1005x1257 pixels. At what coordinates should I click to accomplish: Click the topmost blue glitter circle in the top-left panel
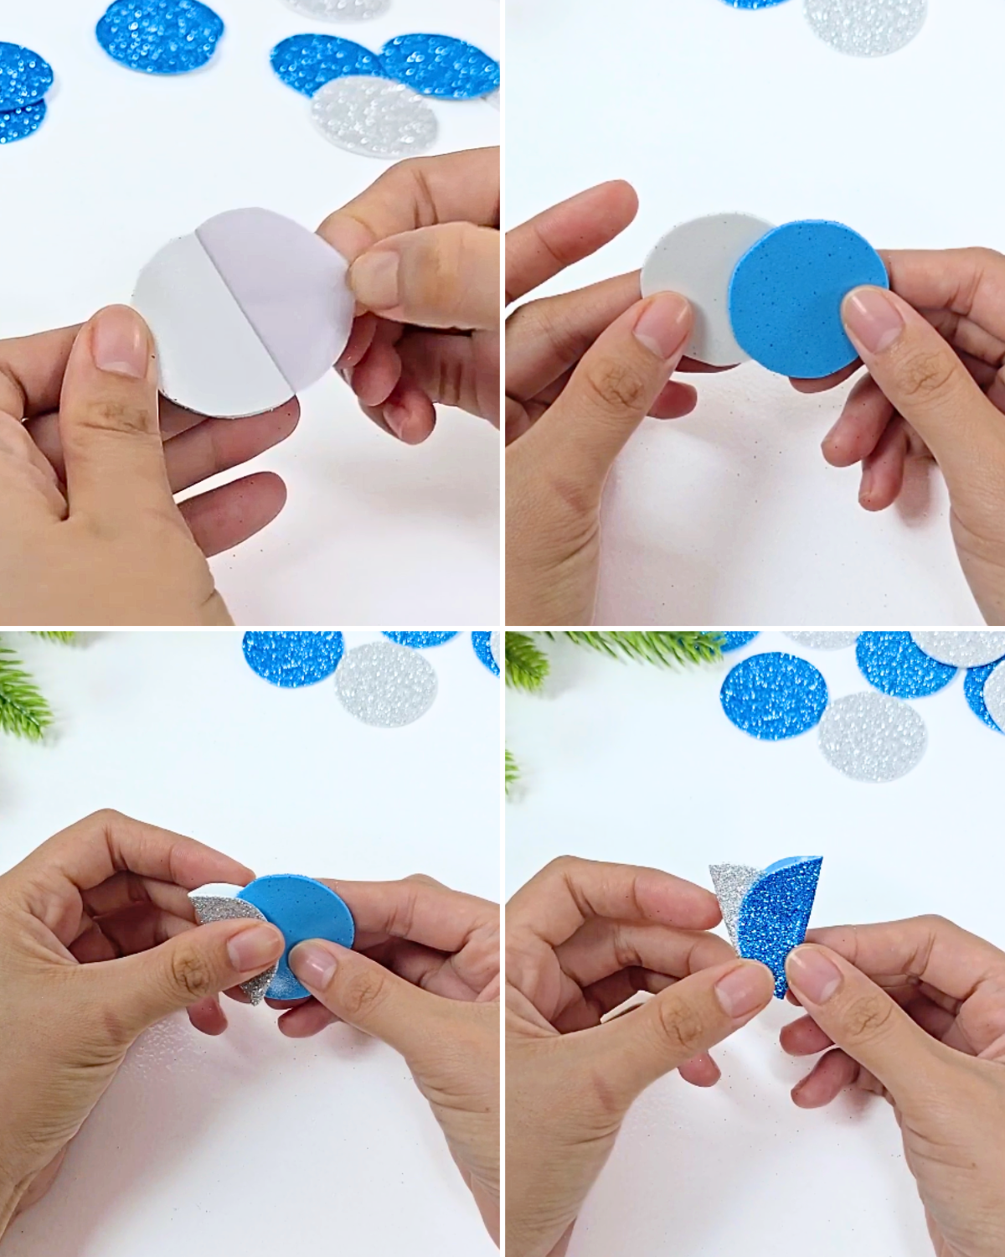pyautogui.click(x=159, y=34)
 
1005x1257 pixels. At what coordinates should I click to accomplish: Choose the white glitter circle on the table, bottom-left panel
pyautogui.click(x=385, y=683)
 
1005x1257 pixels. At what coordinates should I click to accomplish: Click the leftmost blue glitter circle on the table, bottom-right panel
pyautogui.click(x=772, y=694)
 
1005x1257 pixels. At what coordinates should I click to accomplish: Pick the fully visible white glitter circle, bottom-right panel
pyautogui.click(x=871, y=735)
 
